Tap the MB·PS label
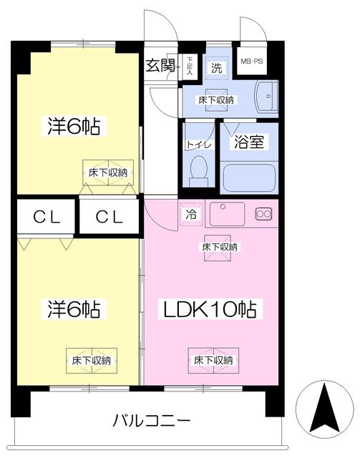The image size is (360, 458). tap(250, 62)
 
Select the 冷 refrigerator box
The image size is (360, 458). tap(191, 214)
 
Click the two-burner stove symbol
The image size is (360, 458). tap(263, 213)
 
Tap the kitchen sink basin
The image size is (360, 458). tap(226, 213)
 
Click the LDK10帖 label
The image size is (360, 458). tap(212, 310)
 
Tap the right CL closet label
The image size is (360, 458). tap(109, 216)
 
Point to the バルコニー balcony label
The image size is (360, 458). tap(150, 420)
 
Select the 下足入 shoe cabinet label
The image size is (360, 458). tap(190, 66)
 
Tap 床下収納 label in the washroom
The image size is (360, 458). tap(217, 99)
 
